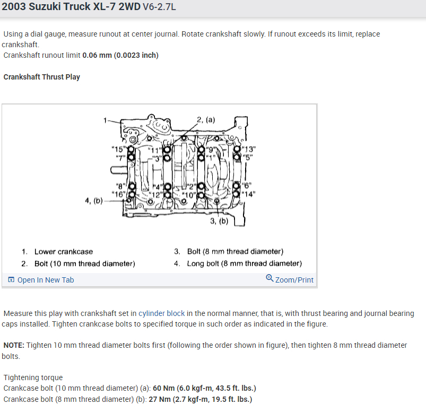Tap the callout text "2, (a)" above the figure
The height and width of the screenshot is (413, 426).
(206, 119)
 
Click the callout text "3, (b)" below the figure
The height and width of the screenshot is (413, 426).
(219, 221)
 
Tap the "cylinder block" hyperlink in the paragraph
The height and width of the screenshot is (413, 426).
(161, 313)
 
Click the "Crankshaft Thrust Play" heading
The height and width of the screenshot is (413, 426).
(41, 77)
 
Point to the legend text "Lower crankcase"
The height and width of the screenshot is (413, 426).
(63, 251)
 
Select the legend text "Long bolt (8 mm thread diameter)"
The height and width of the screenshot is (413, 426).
(244, 263)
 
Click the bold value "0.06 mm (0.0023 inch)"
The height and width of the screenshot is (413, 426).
(120, 55)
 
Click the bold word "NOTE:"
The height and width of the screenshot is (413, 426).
(14, 345)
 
